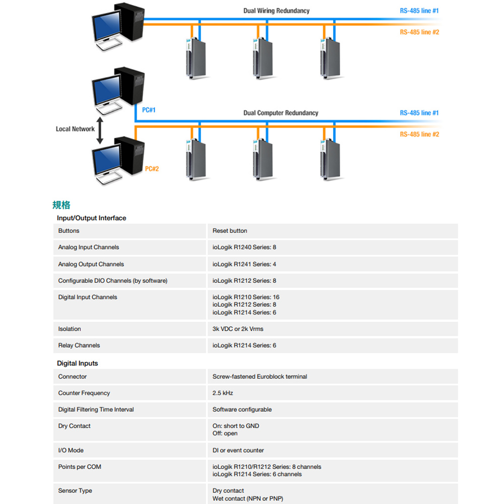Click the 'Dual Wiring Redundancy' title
tap(276, 11)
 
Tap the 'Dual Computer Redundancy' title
tap(281, 113)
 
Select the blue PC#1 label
tap(149, 110)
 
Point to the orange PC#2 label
tap(152, 169)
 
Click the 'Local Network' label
tap(75, 129)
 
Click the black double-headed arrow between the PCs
tap(100, 131)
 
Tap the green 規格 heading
tap(61, 205)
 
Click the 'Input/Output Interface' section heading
tap(91, 218)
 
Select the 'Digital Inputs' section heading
tap(77, 363)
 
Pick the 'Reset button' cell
tap(230, 231)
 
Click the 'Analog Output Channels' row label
tap(91, 264)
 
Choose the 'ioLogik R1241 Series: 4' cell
tap(244, 264)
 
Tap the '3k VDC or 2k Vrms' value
tap(238, 329)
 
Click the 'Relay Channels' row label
tap(79, 346)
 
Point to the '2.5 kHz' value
tap(223, 393)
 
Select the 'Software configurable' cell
tap(242, 410)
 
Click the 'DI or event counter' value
tap(238, 451)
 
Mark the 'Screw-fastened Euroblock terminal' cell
tap(260, 376)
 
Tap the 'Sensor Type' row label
tap(75, 491)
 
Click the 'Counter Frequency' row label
tap(84, 393)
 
